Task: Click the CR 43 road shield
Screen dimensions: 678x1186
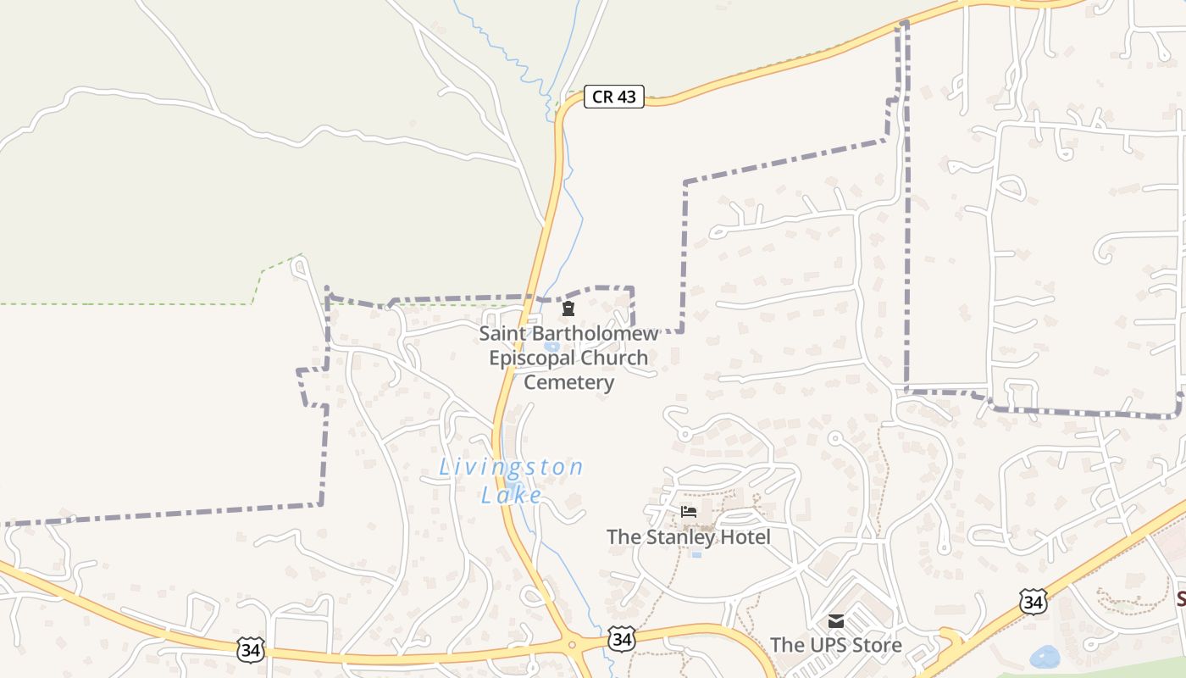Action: click(x=614, y=97)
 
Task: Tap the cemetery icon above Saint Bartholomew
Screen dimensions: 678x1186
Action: click(x=568, y=308)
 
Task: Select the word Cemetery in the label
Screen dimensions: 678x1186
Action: click(x=568, y=382)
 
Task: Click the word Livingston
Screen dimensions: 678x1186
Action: click(x=511, y=467)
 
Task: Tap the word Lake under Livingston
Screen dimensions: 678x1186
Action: click(x=511, y=495)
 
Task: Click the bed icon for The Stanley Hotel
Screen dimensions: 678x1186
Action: click(x=689, y=512)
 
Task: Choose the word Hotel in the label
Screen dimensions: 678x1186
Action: click(x=741, y=537)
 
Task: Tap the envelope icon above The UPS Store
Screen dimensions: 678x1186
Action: click(x=836, y=621)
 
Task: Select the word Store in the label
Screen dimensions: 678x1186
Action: click(x=878, y=646)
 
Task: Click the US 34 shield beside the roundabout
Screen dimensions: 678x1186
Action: click(x=622, y=639)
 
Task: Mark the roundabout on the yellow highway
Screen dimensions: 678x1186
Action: click(x=573, y=646)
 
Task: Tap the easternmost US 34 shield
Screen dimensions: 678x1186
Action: click(x=1033, y=602)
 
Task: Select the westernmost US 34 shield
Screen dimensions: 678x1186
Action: click(x=252, y=650)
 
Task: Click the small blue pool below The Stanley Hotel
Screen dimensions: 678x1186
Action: click(x=696, y=554)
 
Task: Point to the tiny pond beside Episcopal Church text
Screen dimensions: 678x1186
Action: click(x=552, y=346)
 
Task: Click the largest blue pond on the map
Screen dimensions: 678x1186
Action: click(x=1045, y=657)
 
